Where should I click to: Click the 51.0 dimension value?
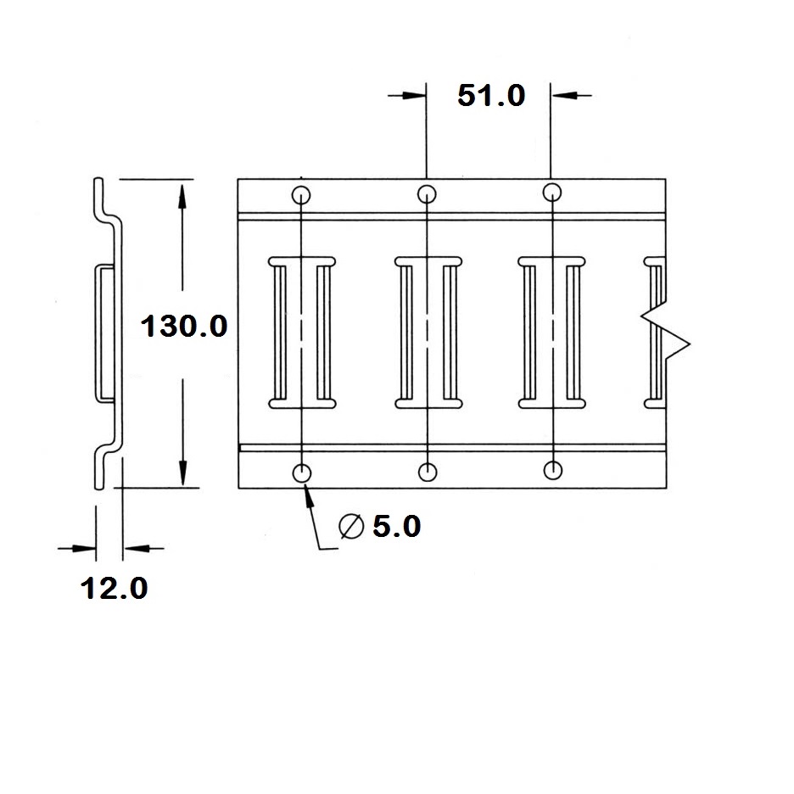point(491,95)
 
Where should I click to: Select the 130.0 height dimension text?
point(184,326)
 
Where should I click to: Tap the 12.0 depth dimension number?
point(114,589)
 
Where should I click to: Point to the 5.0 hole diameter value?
point(396,526)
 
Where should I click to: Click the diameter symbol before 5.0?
point(351,526)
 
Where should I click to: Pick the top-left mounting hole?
point(301,195)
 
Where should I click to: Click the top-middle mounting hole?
point(427,194)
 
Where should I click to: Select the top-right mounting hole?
point(552,193)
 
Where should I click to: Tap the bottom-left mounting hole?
point(302,473)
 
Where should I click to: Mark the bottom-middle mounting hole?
point(428,472)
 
